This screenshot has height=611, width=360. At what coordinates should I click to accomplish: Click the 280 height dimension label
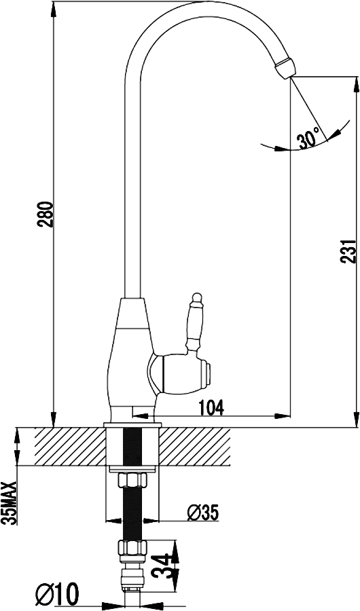pyautogui.click(x=45, y=214)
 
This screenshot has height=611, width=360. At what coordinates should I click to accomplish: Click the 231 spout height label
pyautogui.click(x=348, y=251)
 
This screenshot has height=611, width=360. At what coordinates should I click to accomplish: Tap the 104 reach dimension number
pyautogui.click(x=212, y=408)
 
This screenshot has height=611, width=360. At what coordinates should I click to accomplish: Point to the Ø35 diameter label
pyautogui.click(x=202, y=513)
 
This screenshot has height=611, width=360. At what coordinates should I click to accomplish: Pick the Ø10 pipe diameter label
pyautogui.click(x=57, y=593)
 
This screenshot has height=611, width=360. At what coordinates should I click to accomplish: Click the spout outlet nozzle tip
pyautogui.click(x=285, y=68)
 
